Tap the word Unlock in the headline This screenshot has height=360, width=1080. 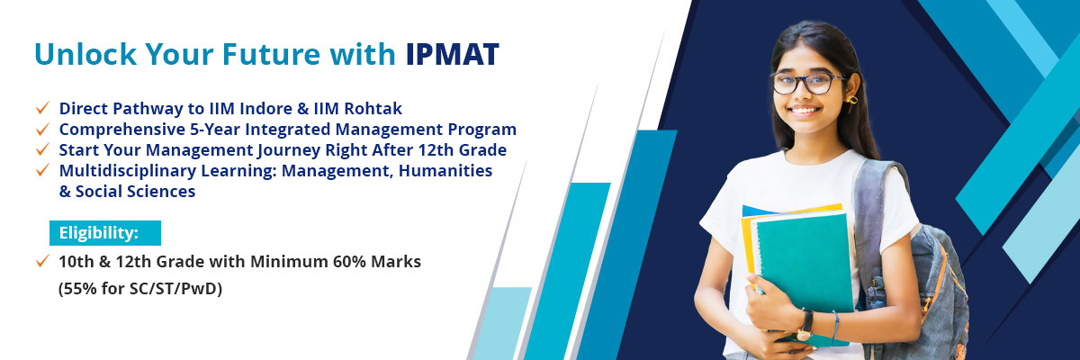point(85,54)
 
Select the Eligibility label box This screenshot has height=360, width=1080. point(105,233)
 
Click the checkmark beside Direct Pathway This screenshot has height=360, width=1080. point(42,108)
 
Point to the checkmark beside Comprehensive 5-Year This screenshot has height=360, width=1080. point(42,129)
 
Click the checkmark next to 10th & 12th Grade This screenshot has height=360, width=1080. point(42,261)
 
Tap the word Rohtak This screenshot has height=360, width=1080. point(373,108)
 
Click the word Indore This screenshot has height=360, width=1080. point(266,108)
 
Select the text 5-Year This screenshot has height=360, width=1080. point(212,130)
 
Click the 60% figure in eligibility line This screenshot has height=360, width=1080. point(349,262)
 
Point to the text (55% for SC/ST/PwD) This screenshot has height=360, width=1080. point(140,289)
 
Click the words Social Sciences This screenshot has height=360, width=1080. point(136,192)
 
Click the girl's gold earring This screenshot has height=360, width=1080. point(852,101)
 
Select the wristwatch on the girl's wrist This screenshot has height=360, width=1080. point(805,325)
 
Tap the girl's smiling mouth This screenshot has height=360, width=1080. point(804,111)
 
